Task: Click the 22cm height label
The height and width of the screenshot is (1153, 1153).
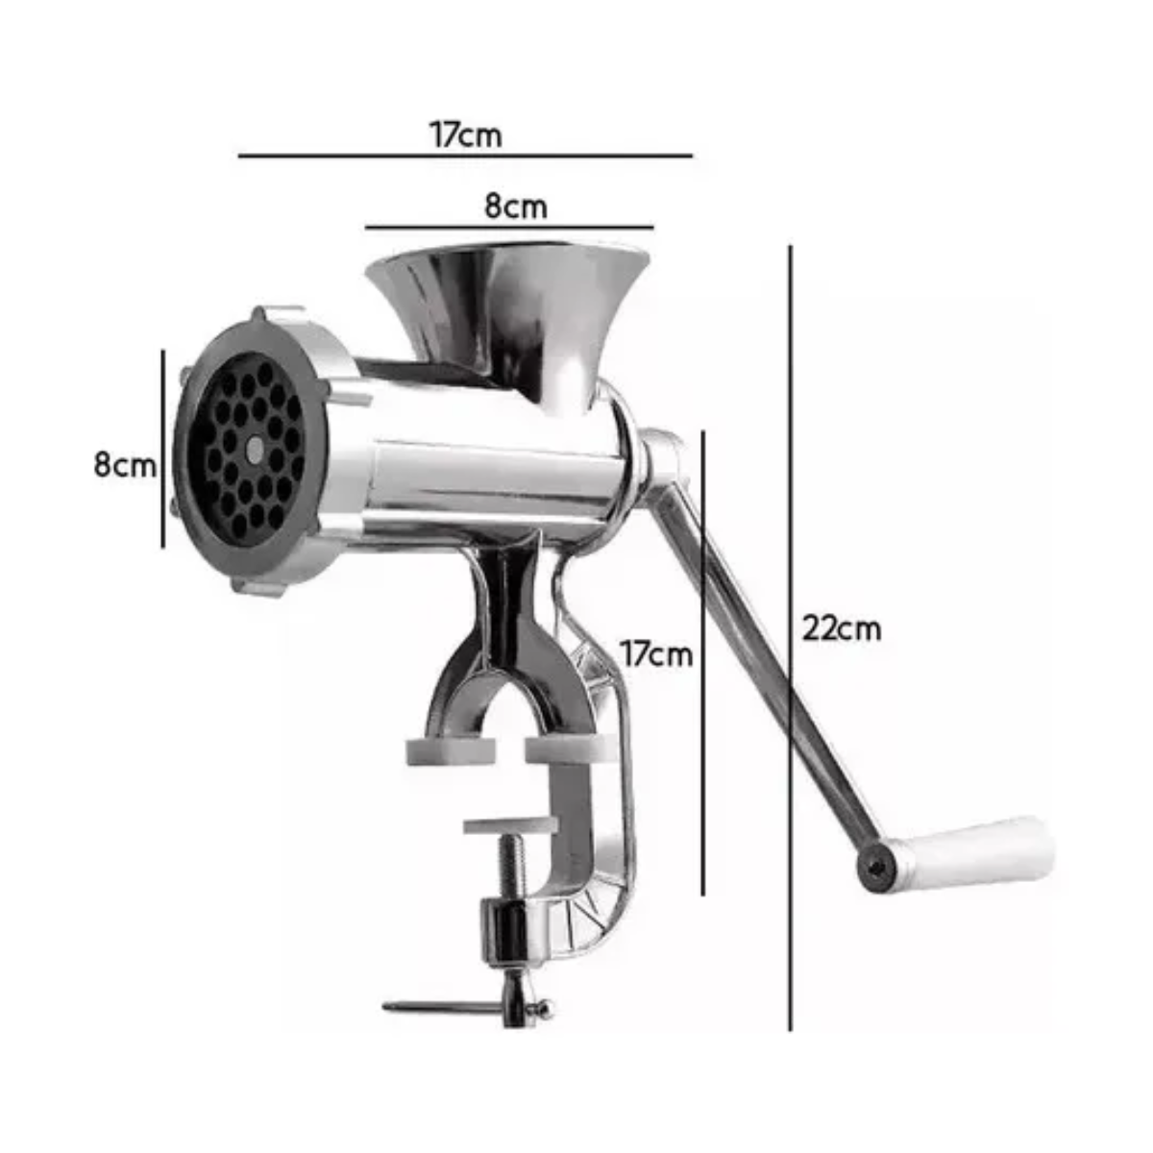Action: coord(842,628)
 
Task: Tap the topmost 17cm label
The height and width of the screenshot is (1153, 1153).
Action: coord(466,135)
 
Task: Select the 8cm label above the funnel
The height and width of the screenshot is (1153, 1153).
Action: coord(516,207)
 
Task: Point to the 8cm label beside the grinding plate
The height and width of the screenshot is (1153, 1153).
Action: coord(125,465)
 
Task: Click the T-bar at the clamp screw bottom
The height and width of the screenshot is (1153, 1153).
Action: coord(467,1008)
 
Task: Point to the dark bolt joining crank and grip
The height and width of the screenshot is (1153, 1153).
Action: coord(876,869)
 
